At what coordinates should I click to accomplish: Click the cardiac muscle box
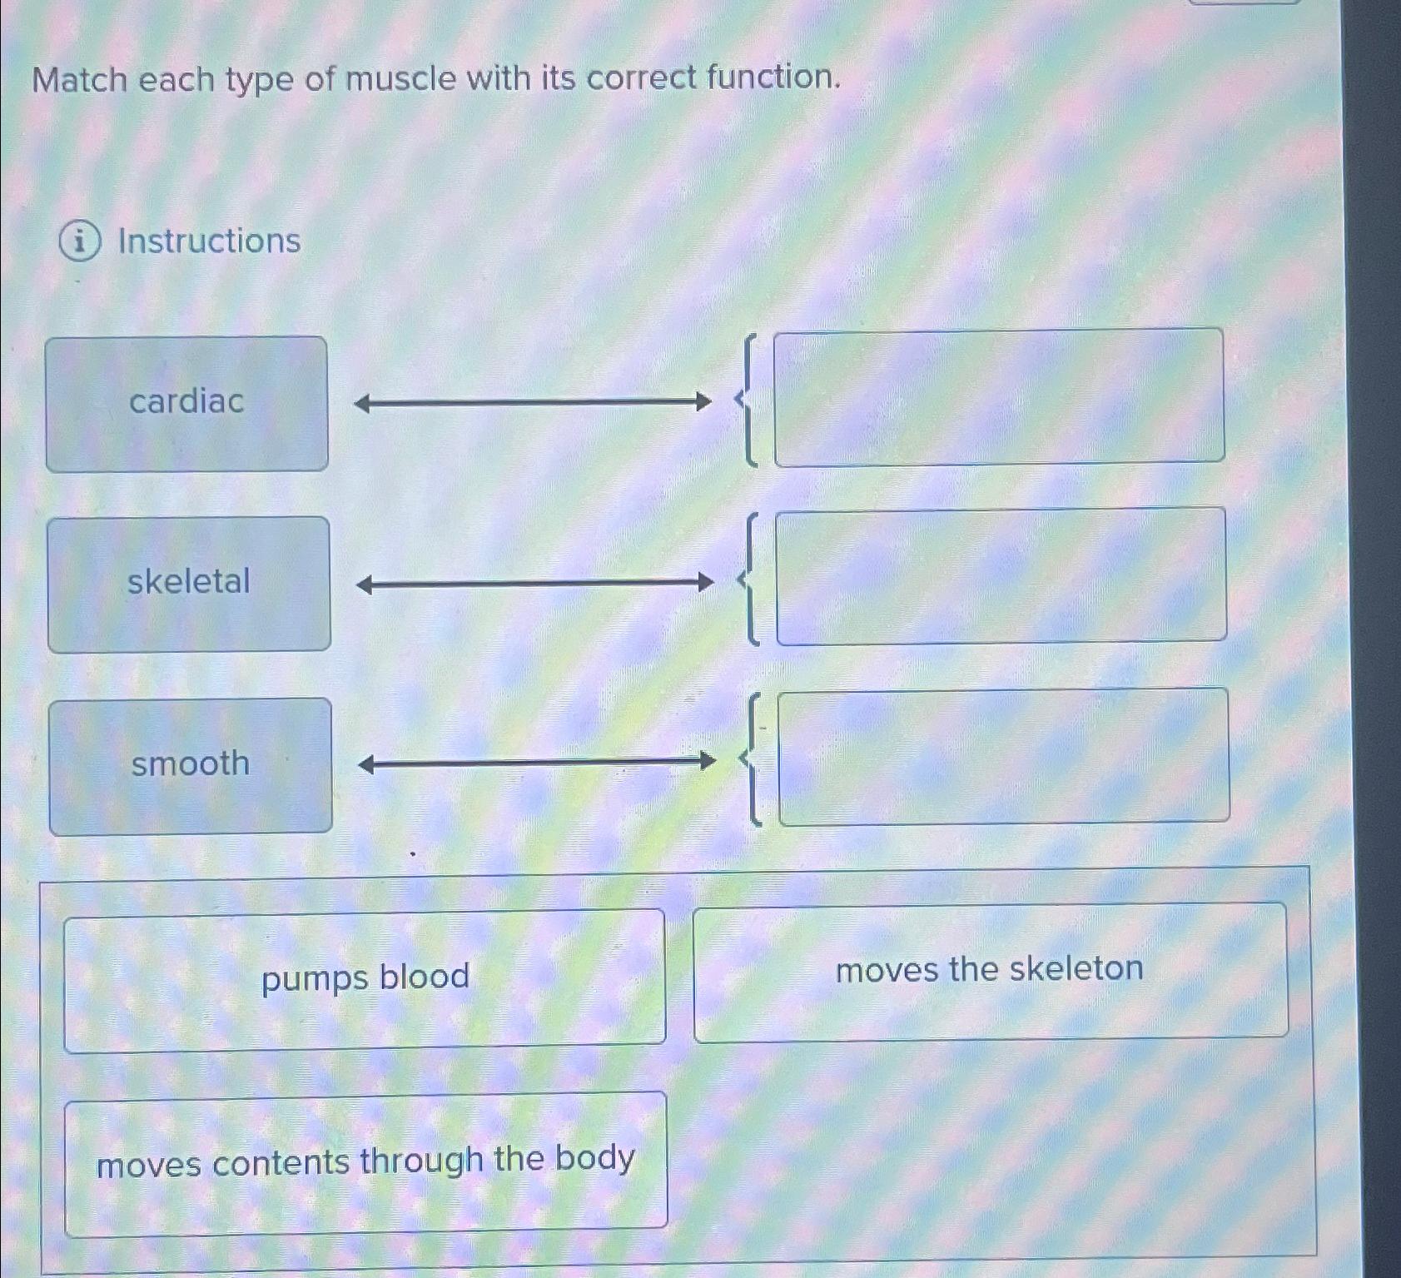coord(186,404)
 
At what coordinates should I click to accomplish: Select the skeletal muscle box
coord(189,584)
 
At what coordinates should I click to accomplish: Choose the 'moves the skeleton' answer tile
coord(990,971)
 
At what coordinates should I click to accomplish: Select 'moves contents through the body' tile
coord(365,1162)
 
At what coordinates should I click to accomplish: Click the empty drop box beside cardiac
coord(999,396)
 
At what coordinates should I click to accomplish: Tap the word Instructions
coord(209,241)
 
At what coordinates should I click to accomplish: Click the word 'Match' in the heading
coord(80,81)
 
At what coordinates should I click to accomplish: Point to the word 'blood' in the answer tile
coord(423,977)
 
